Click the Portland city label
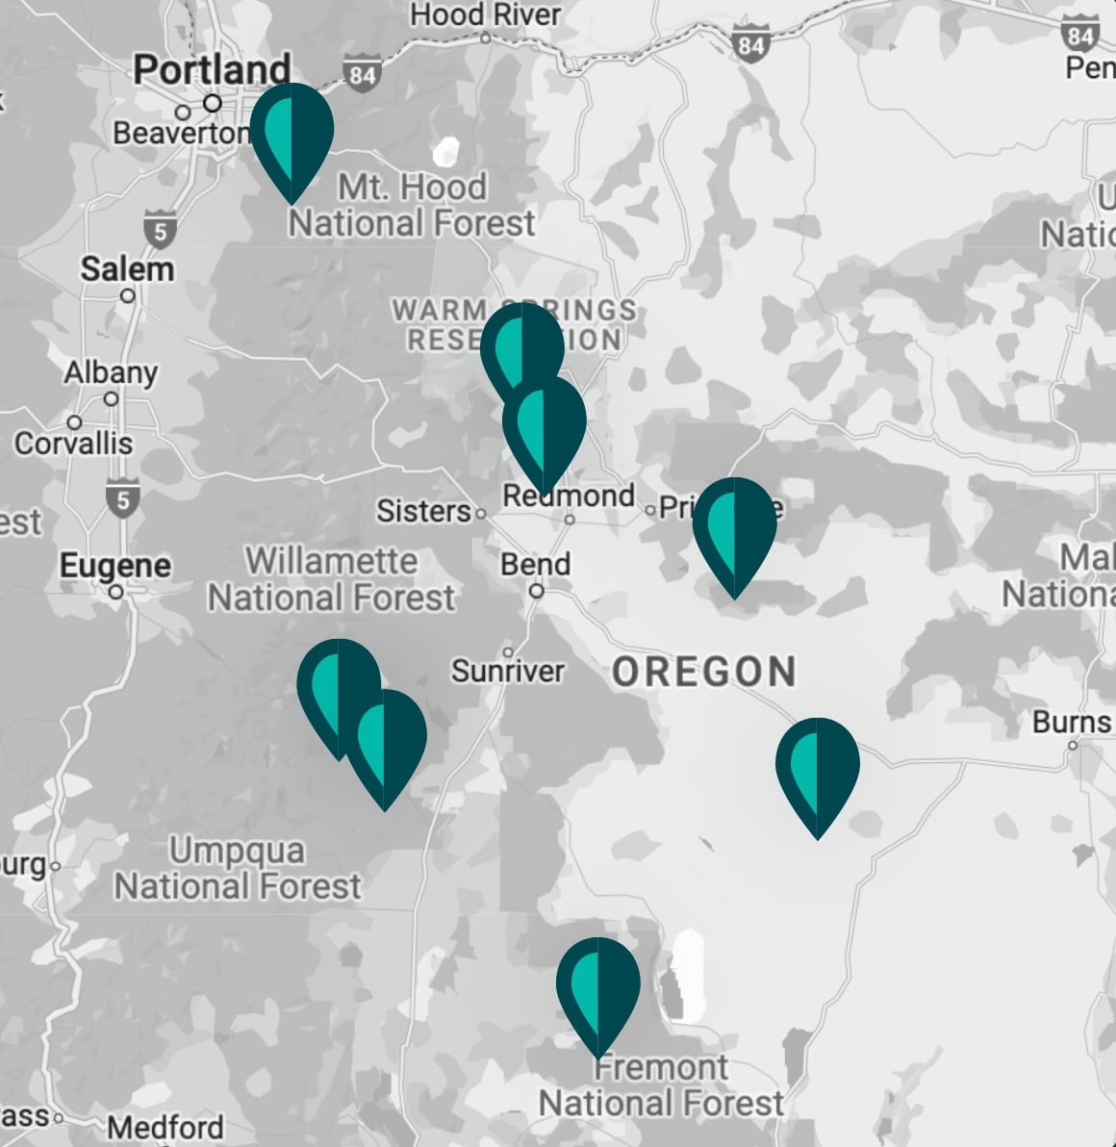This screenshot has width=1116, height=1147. click(x=212, y=69)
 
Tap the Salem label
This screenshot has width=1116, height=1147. click(x=127, y=268)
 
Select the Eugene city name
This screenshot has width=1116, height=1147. click(x=115, y=565)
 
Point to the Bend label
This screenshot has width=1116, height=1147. click(x=536, y=564)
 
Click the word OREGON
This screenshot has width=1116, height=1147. click(x=704, y=672)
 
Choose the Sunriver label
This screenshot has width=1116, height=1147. click(x=507, y=671)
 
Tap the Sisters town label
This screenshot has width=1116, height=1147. click(x=423, y=511)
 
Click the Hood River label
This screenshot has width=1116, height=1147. click(x=486, y=14)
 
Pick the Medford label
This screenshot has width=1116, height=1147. click(x=165, y=1127)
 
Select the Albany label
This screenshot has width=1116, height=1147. click(x=111, y=372)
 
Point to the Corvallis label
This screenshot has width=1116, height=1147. click(x=73, y=444)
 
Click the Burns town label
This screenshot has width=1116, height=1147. click(x=1072, y=722)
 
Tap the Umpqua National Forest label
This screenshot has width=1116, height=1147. click(x=238, y=868)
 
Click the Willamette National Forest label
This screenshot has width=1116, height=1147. click(x=332, y=579)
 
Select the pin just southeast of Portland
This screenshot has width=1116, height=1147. click(x=292, y=135)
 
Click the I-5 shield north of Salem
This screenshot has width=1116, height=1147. click(x=160, y=231)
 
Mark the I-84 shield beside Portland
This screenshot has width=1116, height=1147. click(x=361, y=76)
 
